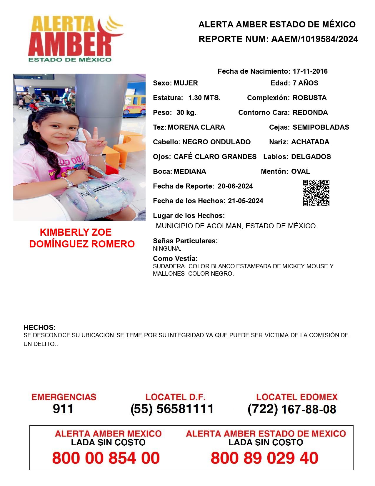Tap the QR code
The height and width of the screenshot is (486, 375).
click(x=316, y=193)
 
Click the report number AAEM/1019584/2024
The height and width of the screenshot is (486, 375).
click(x=314, y=39)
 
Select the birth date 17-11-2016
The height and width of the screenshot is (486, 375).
click(x=310, y=71)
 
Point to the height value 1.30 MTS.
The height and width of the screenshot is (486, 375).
click(x=204, y=98)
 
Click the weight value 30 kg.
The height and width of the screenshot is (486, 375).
click(x=186, y=113)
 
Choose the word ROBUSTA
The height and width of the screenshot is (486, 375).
click(x=309, y=98)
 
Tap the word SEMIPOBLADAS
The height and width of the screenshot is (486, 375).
click(x=321, y=127)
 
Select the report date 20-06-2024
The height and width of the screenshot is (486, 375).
click(x=235, y=186)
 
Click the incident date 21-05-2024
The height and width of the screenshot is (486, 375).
click(x=245, y=201)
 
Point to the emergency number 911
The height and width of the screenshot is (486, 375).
click(x=63, y=409)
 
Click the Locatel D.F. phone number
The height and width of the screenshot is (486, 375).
click(x=172, y=409)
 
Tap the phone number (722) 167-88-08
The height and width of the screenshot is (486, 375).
click(x=292, y=409)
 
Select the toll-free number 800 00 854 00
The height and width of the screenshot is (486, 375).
click(x=106, y=458)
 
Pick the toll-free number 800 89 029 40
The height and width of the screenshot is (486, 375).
click(x=264, y=458)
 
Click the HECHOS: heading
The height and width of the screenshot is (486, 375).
click(x=40, y=328)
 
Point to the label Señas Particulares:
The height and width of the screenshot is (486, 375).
click(x=185, y=241)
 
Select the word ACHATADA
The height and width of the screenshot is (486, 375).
click(x=310, y=142)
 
